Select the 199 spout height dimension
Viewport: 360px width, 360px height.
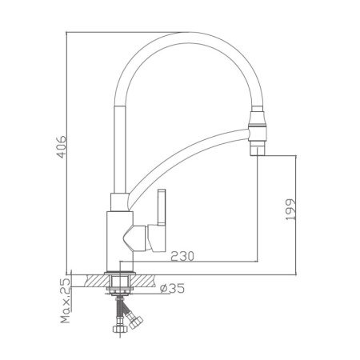290,210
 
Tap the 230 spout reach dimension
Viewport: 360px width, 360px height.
183,256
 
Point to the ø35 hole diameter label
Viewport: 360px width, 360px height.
174,288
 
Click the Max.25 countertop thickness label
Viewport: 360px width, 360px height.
65,302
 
